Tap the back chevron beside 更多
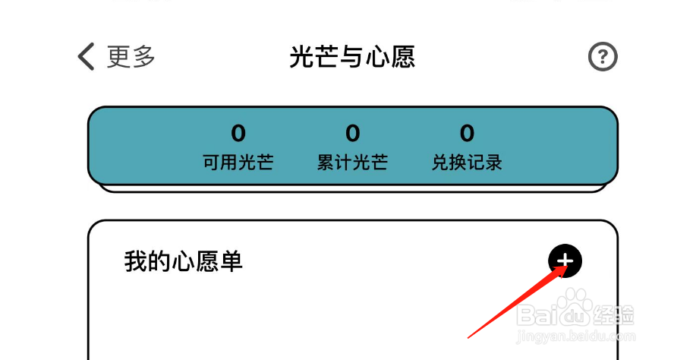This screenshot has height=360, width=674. coord(87,57)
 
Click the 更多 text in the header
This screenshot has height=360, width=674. coord(131,57)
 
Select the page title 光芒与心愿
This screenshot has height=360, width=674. coord(352,57)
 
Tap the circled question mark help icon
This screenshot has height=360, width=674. coord(603,57)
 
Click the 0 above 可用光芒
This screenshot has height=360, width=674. coord(238,134)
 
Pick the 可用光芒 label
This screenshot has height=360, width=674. coord(238,163)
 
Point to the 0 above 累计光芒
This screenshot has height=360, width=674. coord(353,134)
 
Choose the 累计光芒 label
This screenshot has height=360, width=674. coord(353,163)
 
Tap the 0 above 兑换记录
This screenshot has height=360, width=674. coord(467,134)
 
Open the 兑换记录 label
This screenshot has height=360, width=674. coord(467,163)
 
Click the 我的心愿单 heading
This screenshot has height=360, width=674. coord(184,262)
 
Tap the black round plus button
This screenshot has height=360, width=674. coord(565,261)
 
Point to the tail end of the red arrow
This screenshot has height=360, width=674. coord(469,336)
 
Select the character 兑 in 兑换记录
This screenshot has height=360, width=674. coord(441,163)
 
